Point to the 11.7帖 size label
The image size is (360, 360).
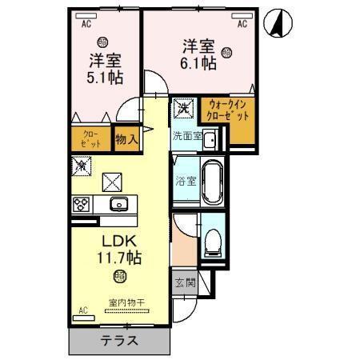point(118,259)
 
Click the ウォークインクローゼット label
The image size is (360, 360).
point(228,110)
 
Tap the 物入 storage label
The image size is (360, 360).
point(126,139)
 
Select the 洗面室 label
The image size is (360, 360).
point(189,135)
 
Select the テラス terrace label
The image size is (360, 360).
point(118,339)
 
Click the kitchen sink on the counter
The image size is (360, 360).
point(118,203)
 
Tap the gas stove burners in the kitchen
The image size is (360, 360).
point(82,203)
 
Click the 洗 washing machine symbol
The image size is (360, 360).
point(183,107)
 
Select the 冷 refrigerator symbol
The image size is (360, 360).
point(82,166)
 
